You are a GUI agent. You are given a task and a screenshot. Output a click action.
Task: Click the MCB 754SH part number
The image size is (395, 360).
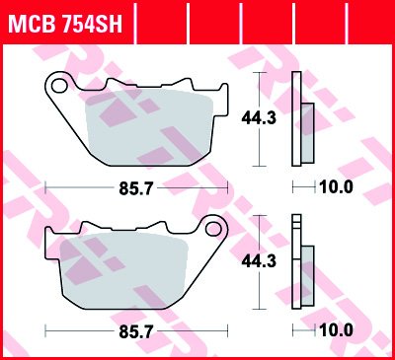[x=65, y=23]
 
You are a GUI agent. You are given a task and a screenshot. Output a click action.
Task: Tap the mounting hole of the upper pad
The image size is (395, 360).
[x=58, y=86]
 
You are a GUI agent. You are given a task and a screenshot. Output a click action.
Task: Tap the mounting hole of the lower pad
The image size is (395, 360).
[x=213, y=229]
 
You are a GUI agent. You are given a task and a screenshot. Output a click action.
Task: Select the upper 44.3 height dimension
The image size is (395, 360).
[x=259, y=118]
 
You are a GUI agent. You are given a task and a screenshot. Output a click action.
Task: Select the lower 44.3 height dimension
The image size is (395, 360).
[x=259, y=261]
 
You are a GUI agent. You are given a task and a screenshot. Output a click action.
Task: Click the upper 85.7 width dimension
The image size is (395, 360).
[x=136, y=188]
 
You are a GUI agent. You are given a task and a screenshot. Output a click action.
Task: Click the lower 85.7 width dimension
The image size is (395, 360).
[x=136, y=331]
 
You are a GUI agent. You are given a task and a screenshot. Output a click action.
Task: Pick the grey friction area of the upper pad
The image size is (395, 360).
[x=148, y=126]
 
